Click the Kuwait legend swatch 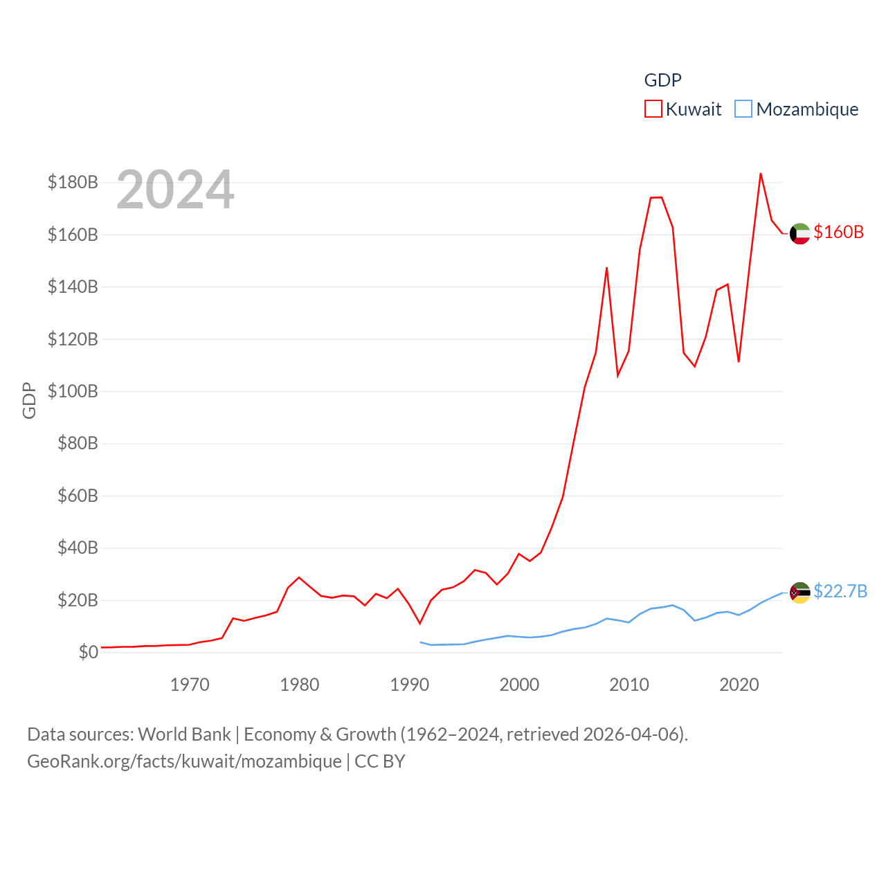653,109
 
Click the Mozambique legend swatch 743,109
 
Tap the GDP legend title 662,80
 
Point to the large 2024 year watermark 175,190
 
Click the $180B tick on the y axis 73,182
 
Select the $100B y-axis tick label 73,391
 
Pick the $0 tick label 88,652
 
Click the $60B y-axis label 78,496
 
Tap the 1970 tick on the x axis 190,685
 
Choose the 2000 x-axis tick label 519,685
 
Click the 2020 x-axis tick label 739,685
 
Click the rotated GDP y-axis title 29,400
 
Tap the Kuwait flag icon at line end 799,234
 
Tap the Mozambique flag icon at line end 799,593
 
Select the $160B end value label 838,232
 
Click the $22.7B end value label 840,591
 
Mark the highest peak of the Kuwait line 761,174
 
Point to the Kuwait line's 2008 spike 606,268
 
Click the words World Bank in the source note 184,734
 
